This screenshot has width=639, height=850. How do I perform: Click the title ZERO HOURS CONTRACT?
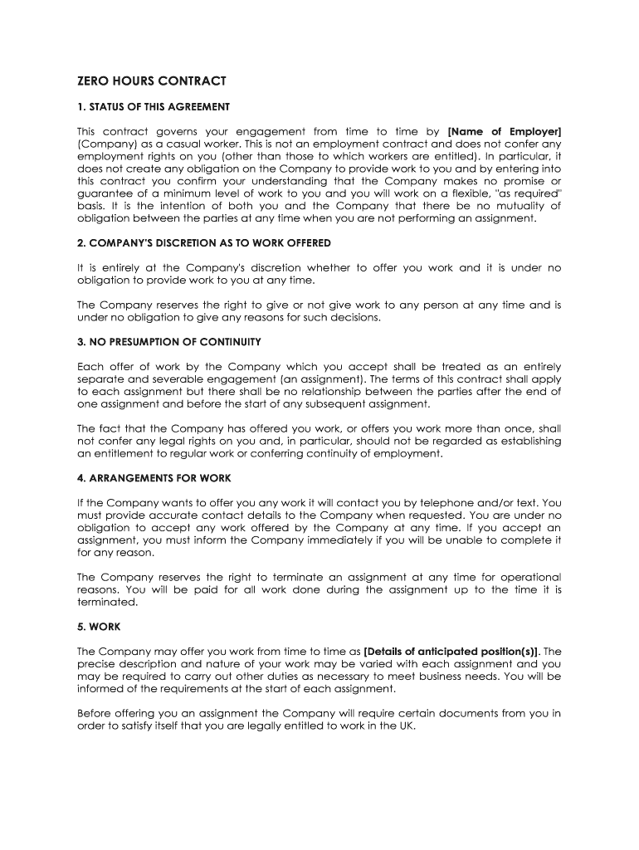point(152,81)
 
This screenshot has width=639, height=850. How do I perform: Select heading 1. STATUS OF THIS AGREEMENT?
point(154,107)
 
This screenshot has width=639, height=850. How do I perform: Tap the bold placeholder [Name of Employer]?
point(505,131)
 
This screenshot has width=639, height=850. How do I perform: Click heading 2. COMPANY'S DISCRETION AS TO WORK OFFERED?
point(204,243)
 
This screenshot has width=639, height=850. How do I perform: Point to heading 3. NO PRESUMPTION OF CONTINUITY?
point(169,342)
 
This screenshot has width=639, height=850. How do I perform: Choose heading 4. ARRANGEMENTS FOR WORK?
point(154,478)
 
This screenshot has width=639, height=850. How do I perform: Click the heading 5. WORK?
point(99,627)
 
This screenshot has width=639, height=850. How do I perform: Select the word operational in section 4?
point(525,577)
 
